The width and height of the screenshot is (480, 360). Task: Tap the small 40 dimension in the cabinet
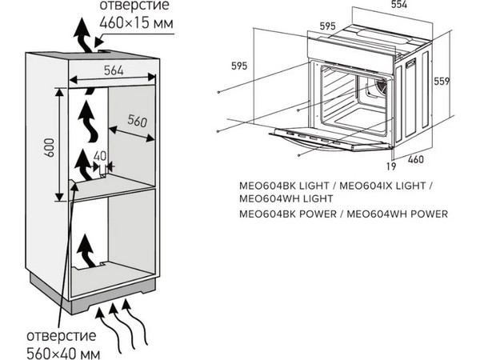point(99,155)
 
